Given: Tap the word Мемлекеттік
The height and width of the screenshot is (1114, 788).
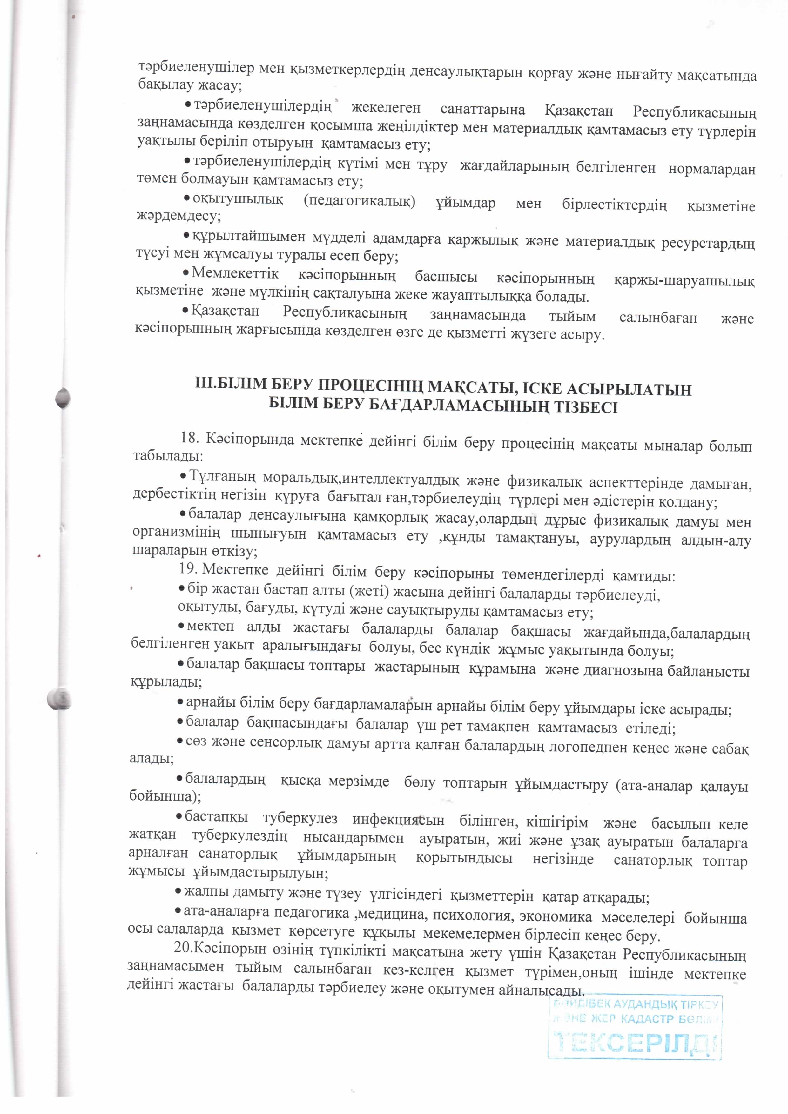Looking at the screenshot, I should [x=235, y=273].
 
